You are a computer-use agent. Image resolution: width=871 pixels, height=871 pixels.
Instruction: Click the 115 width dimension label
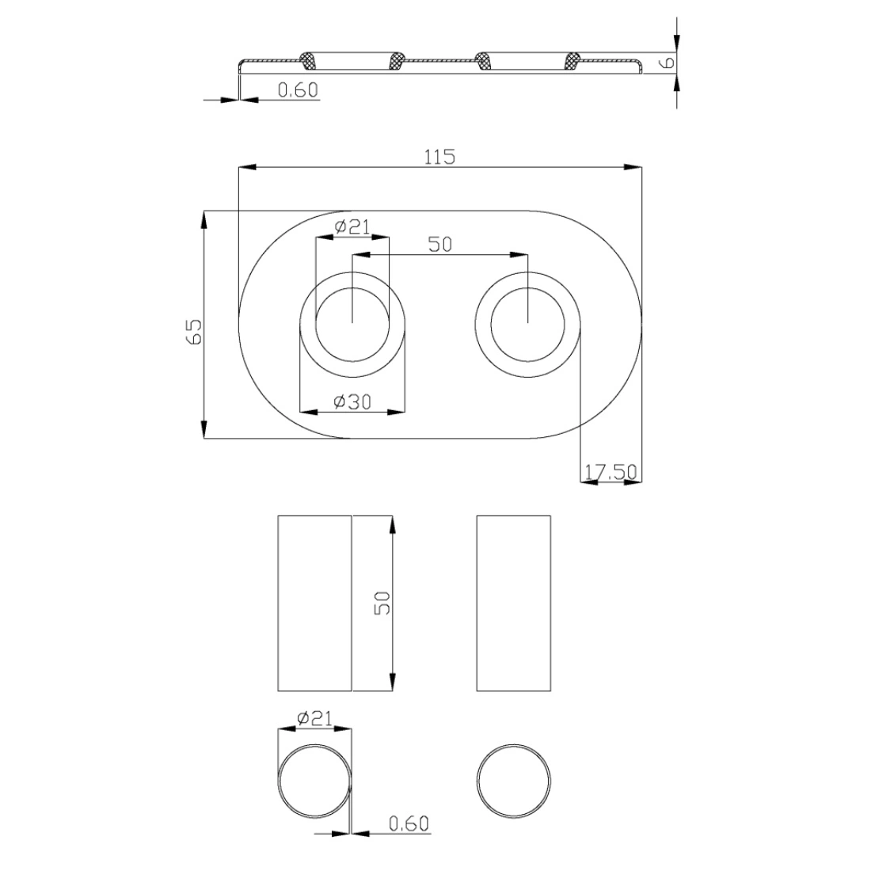point(439,158)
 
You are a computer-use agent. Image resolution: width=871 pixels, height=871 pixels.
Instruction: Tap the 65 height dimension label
point(195,332)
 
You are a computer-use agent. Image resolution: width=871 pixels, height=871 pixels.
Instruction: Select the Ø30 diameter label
point(352,401)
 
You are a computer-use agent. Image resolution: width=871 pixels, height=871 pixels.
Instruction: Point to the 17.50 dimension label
point(610,472)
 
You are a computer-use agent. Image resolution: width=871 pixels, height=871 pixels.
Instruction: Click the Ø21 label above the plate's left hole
point(352,226)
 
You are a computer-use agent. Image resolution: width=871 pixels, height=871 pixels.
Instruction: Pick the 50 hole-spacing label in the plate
point(440,245)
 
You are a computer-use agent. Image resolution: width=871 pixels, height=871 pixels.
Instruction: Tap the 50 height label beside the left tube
point(382,603)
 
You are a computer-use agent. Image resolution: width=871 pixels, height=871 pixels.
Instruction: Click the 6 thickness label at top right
point(668,62)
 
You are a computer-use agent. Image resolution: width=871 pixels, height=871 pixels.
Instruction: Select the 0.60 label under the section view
point(298,90)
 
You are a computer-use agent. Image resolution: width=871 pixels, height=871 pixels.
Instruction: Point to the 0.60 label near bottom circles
point(409,823)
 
